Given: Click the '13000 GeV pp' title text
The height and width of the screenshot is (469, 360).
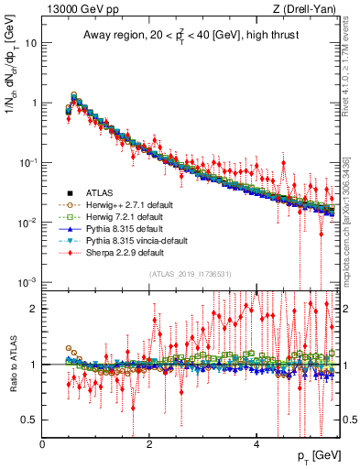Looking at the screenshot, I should [x=78, y=9].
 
